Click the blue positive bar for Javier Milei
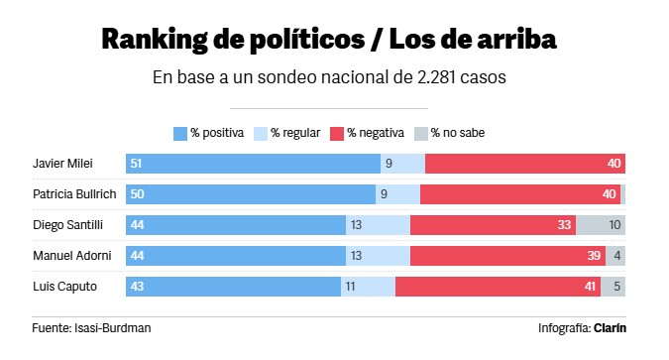(253, 164)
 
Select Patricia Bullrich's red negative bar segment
(520, 194)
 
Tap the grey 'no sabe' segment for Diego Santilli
(601, 225)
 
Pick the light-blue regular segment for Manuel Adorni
(378, 256)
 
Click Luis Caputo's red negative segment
(498, 287)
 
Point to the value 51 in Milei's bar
(136, 164)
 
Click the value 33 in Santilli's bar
(564, 225)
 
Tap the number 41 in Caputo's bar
(590, 287)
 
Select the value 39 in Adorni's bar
(594, 256)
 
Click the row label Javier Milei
(62, 164)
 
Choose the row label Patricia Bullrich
(74, 194)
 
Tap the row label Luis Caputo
(64, 287)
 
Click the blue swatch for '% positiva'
(180, 134)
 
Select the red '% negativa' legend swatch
(337, 134)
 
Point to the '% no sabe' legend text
(458, 133)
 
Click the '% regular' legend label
(295, 133)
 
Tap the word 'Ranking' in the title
(155, 40)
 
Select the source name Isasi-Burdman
(113, 328)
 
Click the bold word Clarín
(611, 328)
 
